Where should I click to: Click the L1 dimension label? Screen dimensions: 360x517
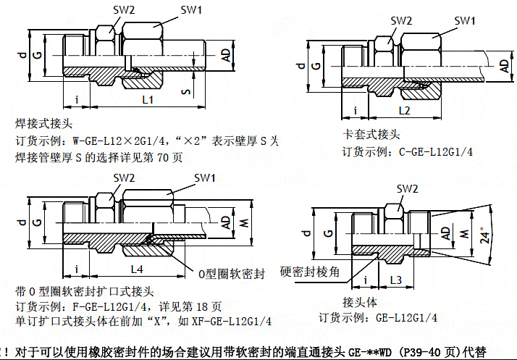point(147,100)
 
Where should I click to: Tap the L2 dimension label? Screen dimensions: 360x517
point(404,111)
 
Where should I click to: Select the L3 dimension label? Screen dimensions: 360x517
point(395,279)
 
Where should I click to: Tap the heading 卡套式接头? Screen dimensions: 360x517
point(371,135)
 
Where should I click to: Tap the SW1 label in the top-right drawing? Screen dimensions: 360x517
point(464,20)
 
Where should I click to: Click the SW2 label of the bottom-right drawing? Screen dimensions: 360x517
point(408,189)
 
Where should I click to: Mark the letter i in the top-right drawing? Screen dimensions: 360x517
point(356,110)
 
